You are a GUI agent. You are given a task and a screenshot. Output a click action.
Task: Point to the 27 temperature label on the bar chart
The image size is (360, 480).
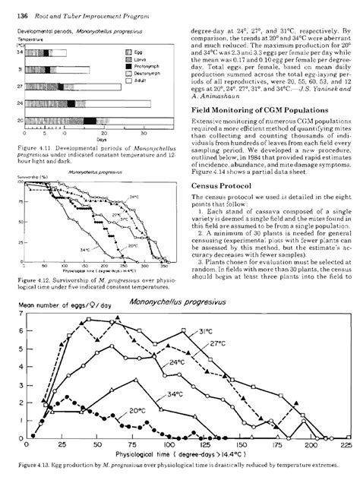point(21,87)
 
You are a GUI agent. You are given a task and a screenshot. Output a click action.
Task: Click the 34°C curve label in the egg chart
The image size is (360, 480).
point(174,395)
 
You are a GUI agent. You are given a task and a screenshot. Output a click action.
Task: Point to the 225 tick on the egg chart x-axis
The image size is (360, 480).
point(346,446)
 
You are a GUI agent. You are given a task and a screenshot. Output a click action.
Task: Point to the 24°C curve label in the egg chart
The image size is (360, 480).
point(175,363)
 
